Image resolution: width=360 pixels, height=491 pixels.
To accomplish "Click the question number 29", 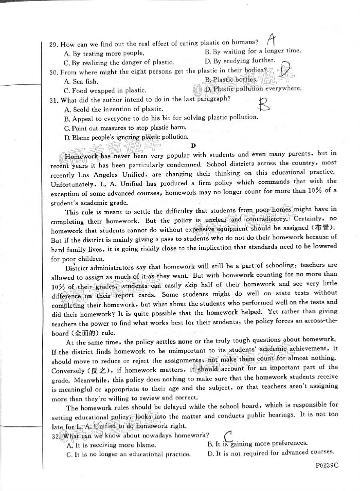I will point(54,44).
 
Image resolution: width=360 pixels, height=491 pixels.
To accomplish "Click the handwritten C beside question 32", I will point(229,436).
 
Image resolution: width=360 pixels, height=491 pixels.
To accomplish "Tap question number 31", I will point(54,100).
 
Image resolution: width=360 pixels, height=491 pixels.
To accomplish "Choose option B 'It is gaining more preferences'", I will point(258,443).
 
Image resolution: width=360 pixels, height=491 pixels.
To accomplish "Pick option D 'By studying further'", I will point(240,61).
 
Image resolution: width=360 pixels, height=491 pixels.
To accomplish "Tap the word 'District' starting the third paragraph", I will point(78,267).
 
